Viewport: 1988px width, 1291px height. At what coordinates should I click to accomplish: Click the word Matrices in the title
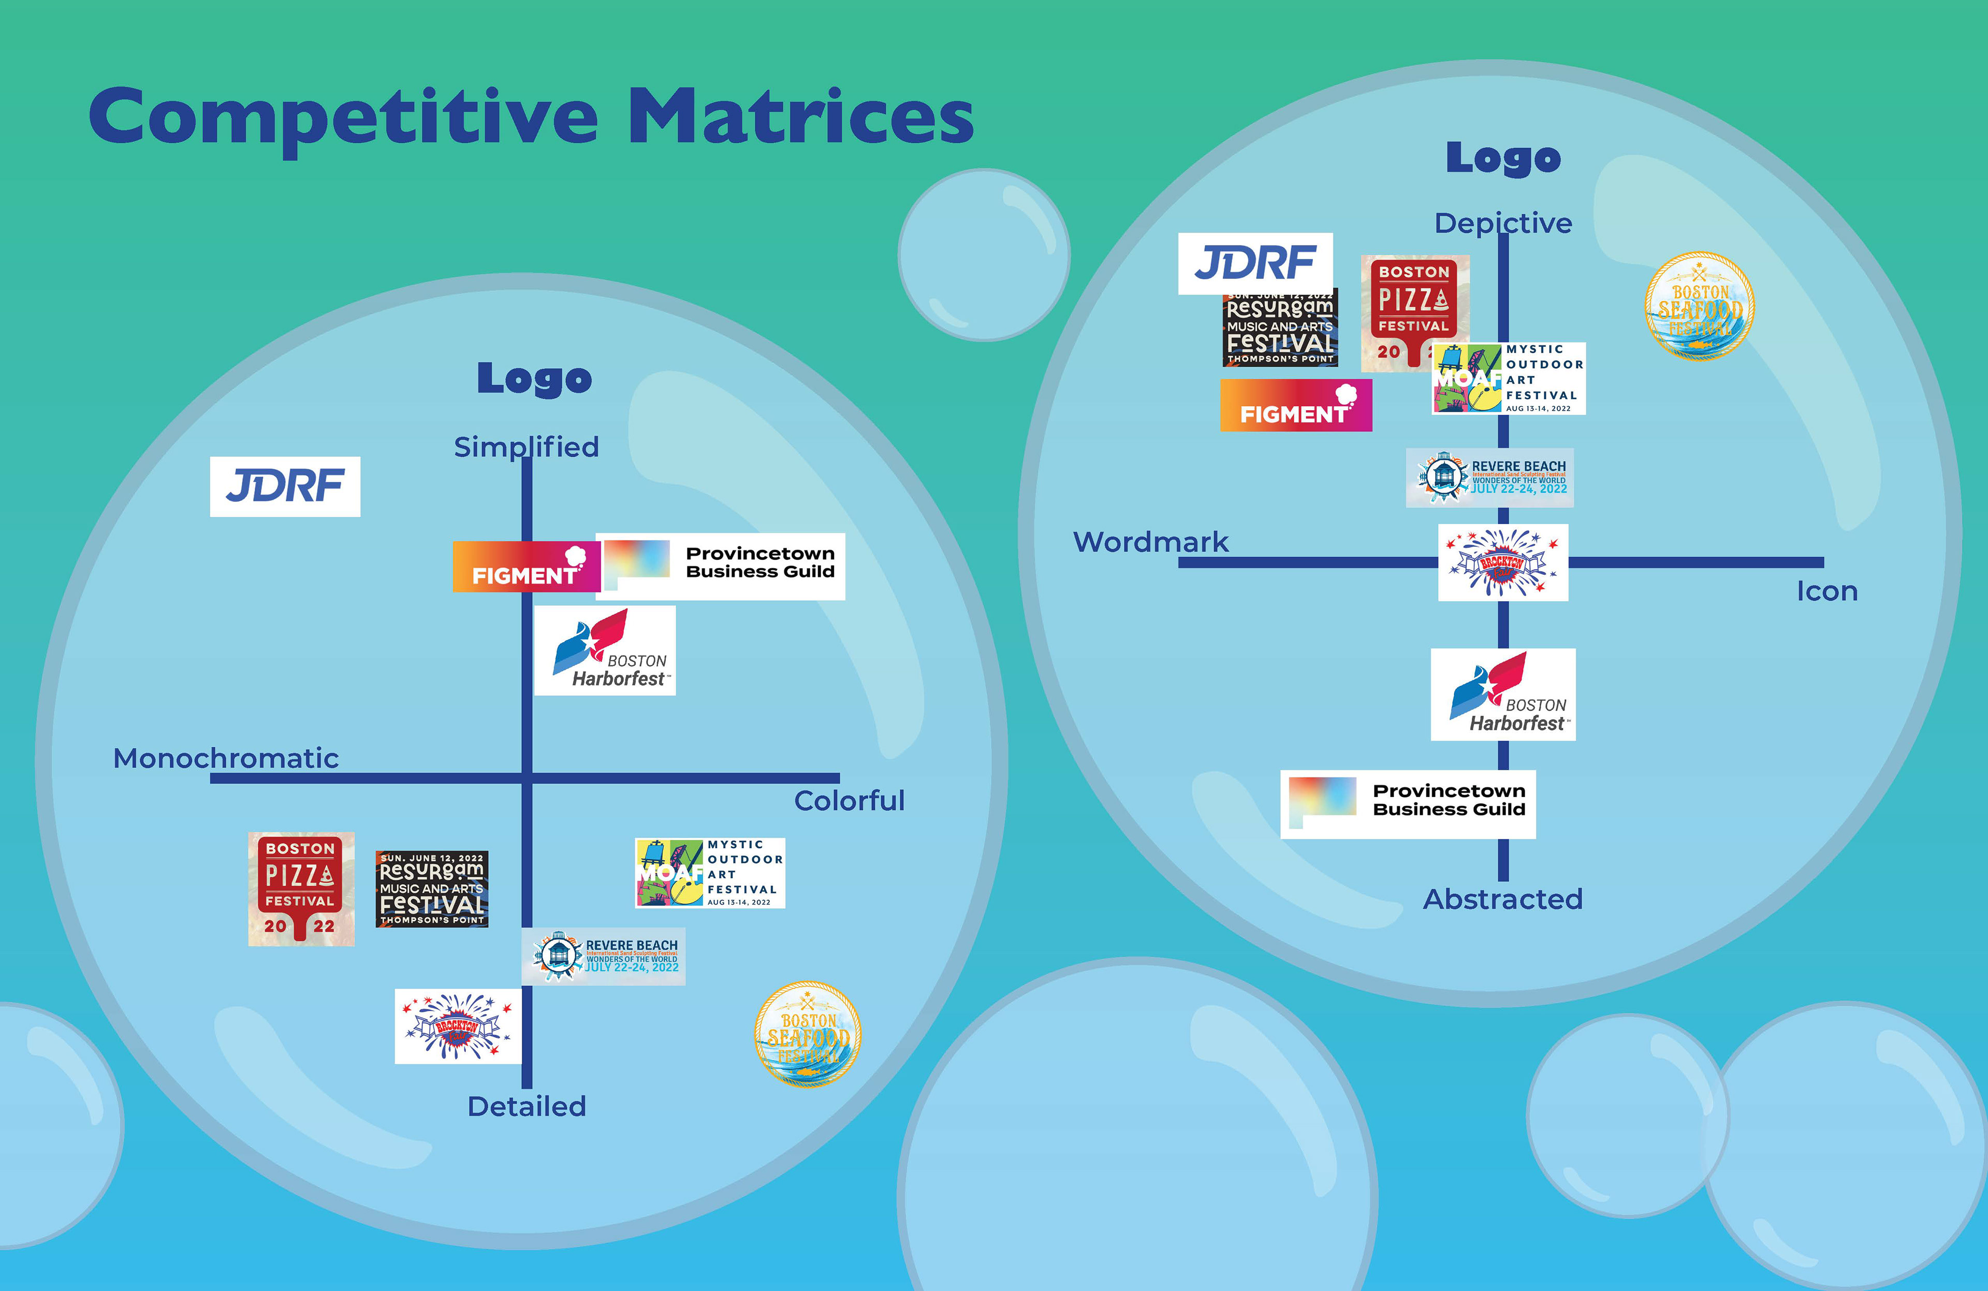(x=800, y=117)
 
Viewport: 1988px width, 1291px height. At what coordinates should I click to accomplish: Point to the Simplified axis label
(x=526, y=447)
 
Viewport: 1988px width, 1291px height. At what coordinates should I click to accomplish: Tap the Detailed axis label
(x=526, y=1106)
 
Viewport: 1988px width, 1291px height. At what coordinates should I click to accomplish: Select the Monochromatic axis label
(x=226, y=758)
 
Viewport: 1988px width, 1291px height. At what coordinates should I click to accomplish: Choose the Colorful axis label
(x=849, y=801)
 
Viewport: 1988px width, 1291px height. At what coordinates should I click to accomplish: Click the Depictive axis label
(x=1503, y=223)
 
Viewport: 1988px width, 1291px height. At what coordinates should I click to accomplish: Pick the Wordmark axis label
(x=1150, y=542)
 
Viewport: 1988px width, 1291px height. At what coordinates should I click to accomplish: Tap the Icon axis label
(x=1827, y=591)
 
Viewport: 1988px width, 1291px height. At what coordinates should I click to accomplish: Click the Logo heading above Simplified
(x=535, y=379)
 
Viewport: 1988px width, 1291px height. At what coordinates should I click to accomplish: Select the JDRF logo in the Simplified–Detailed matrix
(x=285, y=486)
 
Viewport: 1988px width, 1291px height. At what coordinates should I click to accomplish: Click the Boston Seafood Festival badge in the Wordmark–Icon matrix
(x=1699, y=307)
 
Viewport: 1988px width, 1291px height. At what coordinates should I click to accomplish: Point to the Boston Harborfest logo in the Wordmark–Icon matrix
(x=1503, y=694)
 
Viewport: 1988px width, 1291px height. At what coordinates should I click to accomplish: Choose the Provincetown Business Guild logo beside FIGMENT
(x=720, y=565)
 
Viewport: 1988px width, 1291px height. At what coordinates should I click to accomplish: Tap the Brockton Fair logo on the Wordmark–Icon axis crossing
(x=1503, y=562)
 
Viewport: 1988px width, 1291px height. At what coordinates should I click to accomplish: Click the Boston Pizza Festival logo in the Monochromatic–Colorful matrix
(x=301, y=888)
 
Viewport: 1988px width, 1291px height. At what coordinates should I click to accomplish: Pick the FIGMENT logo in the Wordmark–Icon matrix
(x=1295, y=405)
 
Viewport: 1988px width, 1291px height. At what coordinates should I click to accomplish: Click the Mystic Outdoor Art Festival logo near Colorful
(x=710, y=873)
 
